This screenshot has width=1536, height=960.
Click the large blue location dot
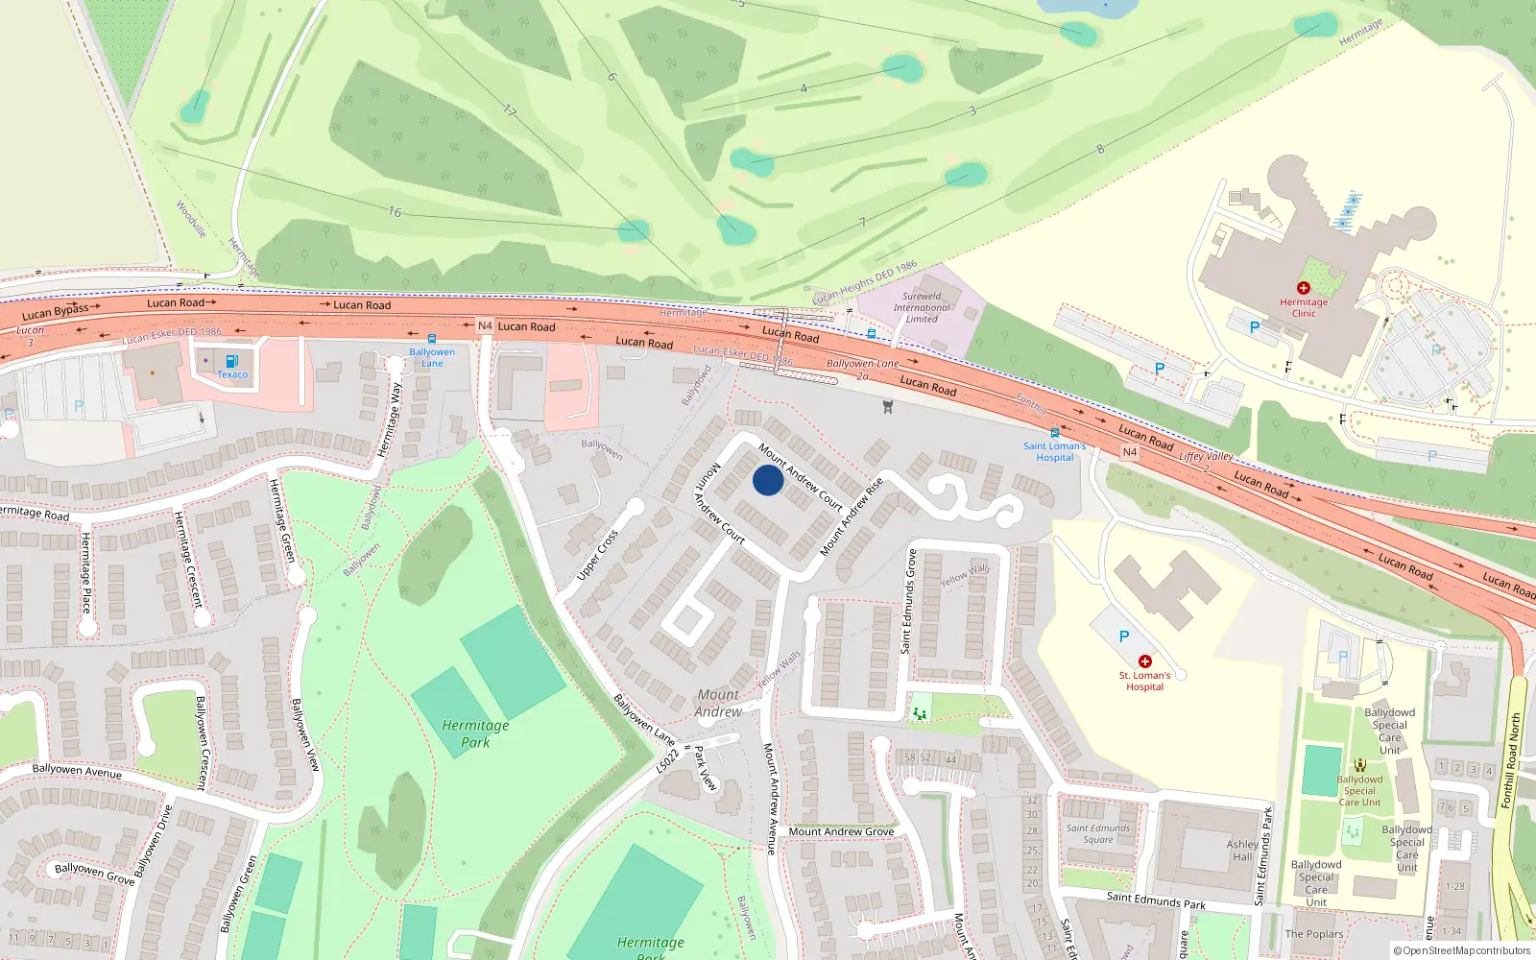767,480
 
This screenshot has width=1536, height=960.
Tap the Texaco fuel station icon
231,362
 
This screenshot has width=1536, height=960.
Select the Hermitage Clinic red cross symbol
1303,288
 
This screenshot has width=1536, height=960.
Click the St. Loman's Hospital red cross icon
1144,661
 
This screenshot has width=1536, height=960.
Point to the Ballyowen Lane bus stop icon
432,339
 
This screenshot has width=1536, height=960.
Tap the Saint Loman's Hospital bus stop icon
1054,433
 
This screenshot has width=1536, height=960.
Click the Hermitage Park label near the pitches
475,733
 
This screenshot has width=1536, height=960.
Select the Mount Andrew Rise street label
851,517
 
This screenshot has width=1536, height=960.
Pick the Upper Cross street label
597,555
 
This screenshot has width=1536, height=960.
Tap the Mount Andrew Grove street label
841,831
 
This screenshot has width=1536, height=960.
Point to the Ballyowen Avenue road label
77,770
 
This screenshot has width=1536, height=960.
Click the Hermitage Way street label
389,420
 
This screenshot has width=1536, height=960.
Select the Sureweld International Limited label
922,307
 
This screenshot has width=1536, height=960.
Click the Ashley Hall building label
1242,851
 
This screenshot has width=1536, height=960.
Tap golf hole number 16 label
395,211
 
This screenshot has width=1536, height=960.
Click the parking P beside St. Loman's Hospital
1124,636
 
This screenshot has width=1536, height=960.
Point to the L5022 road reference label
667,761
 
